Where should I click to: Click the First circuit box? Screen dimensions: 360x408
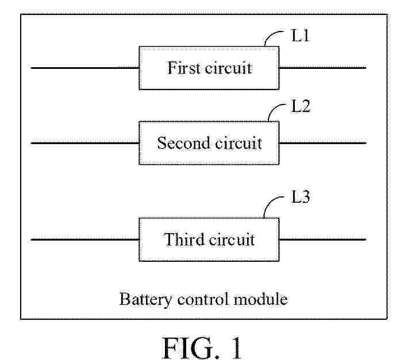[x=209, y=68]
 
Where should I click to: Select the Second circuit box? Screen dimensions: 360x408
[x=209, y=143]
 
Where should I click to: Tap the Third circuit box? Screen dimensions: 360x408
[x=209, y=239]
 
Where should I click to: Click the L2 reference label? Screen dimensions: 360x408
[x=300, y=107]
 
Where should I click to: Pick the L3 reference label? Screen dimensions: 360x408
[x=300, y=199]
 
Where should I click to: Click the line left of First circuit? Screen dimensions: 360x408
[x=84, y=68]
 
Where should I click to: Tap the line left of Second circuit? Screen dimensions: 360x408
[x=84, y=143]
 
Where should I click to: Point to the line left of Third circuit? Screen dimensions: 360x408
[x=84, y=239]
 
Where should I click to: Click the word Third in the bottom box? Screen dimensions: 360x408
[x=184, y=239]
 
